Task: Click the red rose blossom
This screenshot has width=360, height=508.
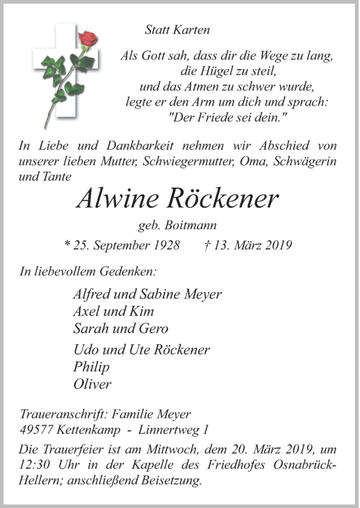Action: [88, 38]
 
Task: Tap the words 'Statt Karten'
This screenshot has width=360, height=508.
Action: [177, 30]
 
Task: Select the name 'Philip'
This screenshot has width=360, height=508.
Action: [91, 367]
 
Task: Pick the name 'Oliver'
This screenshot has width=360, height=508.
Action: [92, 384]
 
